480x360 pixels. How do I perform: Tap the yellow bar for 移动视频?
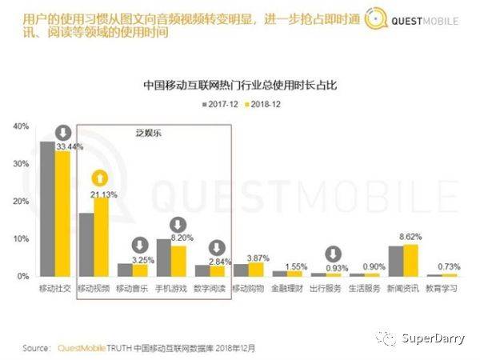pos(101,237)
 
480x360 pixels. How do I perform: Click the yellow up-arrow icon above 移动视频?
pos(101,178)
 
